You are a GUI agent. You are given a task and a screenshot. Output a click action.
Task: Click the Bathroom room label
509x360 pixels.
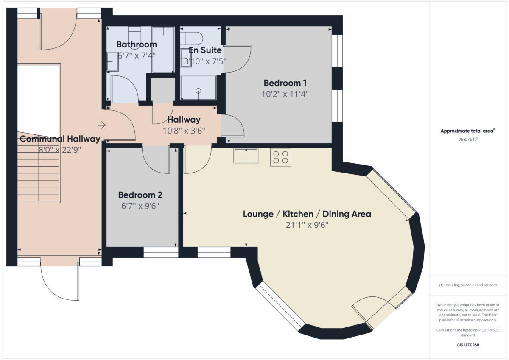click(137, 44)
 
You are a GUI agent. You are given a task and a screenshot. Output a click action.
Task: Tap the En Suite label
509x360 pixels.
click(205, 50)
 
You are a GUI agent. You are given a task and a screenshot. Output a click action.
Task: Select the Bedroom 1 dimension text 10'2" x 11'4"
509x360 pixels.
click(285, 94)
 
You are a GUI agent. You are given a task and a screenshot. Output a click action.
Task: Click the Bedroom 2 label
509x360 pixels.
click(140, 195)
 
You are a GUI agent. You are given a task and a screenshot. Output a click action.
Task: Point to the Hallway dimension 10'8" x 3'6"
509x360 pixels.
click(184, 131)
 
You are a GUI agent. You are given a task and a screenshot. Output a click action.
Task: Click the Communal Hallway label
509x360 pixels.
click(60, 139)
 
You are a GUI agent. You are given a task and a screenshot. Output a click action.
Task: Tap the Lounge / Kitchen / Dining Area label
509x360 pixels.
click(307, 214)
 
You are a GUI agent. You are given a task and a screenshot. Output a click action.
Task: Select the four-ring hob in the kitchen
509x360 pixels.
click(280, 157)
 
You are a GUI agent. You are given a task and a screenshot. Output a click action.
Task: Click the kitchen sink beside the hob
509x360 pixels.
click(246, 156)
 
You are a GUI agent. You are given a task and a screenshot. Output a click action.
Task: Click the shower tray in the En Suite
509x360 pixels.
click(198, 88)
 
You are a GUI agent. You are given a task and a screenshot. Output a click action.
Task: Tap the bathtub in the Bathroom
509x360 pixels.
click(163, 50)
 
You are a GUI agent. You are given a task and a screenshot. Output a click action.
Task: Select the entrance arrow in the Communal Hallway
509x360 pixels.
click(102, 125)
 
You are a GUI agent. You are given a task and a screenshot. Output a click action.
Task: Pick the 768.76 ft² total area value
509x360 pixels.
click(468, 139)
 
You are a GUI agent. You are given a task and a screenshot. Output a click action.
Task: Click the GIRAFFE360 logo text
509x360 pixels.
click(468, 345)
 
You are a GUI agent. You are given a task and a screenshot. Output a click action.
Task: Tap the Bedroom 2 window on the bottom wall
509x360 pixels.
click(161, 252)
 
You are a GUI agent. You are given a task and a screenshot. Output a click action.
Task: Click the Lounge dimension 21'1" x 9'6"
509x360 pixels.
click(307, 225)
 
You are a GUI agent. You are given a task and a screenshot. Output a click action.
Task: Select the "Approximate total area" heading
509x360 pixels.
click(468, 131)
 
